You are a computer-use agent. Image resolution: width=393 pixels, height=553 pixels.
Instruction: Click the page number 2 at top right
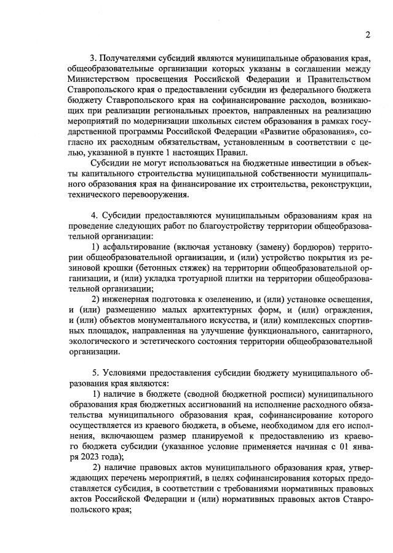point(367,34)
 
